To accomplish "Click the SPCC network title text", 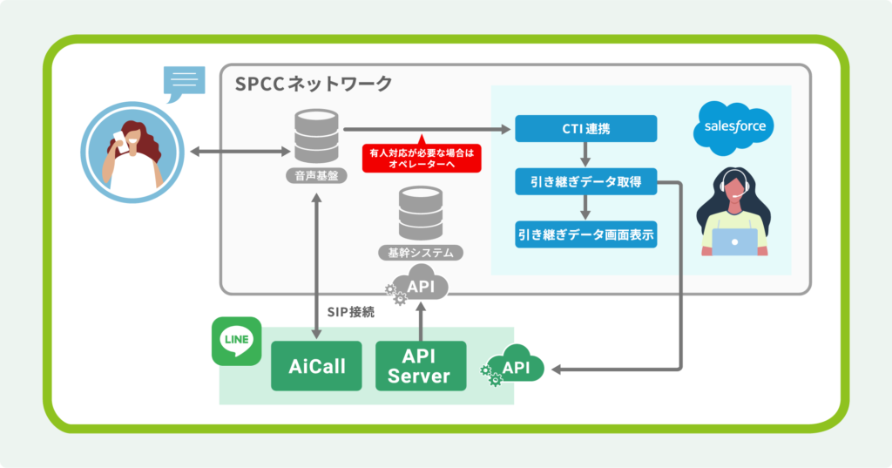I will pyautogui.click(x=314, y=85).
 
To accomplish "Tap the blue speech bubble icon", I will pyautogui.click(x=185, y=84).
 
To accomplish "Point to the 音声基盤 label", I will pyautogui.click(x=315, y=177).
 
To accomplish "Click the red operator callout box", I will pyautogui.click(x=421, y=157).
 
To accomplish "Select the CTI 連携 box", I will pyautogui.click(x=585, y=129).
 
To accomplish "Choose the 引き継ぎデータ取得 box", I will pyautogui.click(x=585, y=182).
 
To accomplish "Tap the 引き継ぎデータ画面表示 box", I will pyautogui.click(x=585, y=234).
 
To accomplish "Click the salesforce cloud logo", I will pyautogui.click(x=734, y=128).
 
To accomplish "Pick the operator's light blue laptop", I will pyautogui.click(x=733, y=241).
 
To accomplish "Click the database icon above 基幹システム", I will pyautogui.click(x=420, y=214).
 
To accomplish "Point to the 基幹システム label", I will pyautogui.click(x=420, y=253).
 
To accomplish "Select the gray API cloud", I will pyautogui.click(x=422, y=285).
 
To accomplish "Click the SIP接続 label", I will pyautogui.click(x=350, y=311).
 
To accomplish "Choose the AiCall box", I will pyautogui.click(x=317, y=366).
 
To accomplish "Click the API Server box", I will pyautogui.click(x=420, y=366).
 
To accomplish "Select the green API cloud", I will pyautogui.click(x=516, y=369).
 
